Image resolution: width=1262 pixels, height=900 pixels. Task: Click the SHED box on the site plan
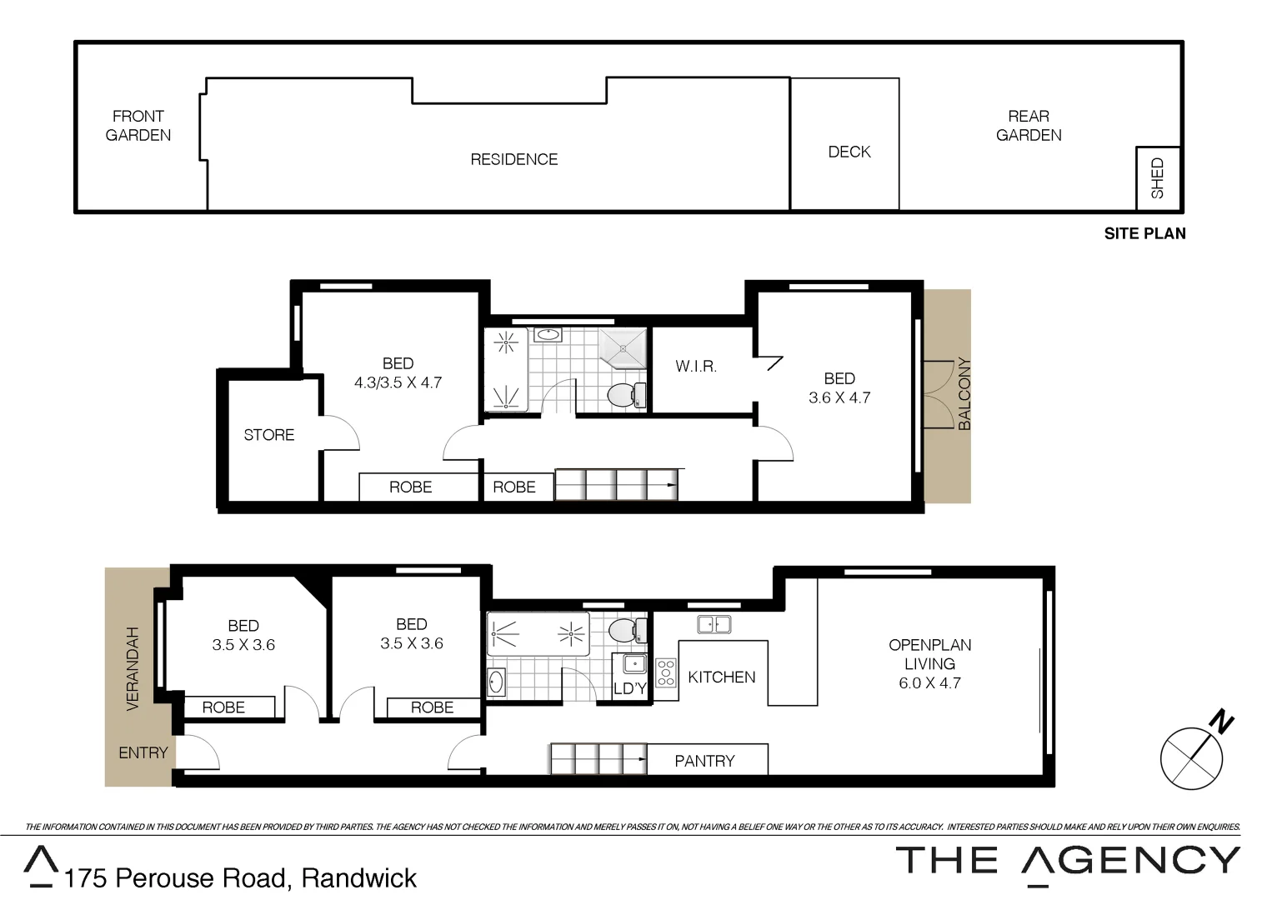pyautogui.click(x=1158, y=178)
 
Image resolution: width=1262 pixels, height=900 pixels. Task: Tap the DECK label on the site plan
pyautogui.click(x=849, y=152)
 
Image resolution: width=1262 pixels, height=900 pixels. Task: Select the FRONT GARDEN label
pyautogui.click(x=138, y=126)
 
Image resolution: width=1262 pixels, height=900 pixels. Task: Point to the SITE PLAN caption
pyautogui.click(x=1144, y=234)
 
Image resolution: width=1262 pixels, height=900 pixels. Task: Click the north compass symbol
pyautogui.click(x=1194, y=755)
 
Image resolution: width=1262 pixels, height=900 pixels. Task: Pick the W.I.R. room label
pyautogui.click(x=696, y=367)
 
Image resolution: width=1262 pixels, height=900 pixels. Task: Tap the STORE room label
pyautogui.click(x=268, y=435)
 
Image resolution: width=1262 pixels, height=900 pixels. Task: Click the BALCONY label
pyautogui.click(x=964, y=393)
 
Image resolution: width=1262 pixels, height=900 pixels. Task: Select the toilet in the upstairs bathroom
pyautogui.click(x=624, y=395)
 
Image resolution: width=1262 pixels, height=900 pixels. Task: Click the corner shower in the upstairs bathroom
pyautogui.click(x=623, y=347)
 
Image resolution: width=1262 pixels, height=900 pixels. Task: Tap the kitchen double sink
pyautogui.click(x=714, y=624)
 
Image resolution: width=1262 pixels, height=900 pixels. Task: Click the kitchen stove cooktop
pyautogui.click(x=665, y=672)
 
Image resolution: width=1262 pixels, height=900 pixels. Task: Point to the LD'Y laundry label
pyautogui.click(x=630, y=688)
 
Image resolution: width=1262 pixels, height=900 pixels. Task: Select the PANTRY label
pyautogui.click(x=704, y=761)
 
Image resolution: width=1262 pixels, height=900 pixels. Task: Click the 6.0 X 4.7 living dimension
pyautogui.click(x=929, y=683)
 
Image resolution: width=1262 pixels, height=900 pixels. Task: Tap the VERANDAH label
pyautogui.click(x=132, y=668)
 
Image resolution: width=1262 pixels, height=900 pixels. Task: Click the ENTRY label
pyautogui.click(x=143, y=753)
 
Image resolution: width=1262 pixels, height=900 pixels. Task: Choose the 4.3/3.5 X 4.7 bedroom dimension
pyautogui.click(x=398, y=383)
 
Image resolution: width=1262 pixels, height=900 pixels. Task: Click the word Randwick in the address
pyautogui.click(x=358, y=878)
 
